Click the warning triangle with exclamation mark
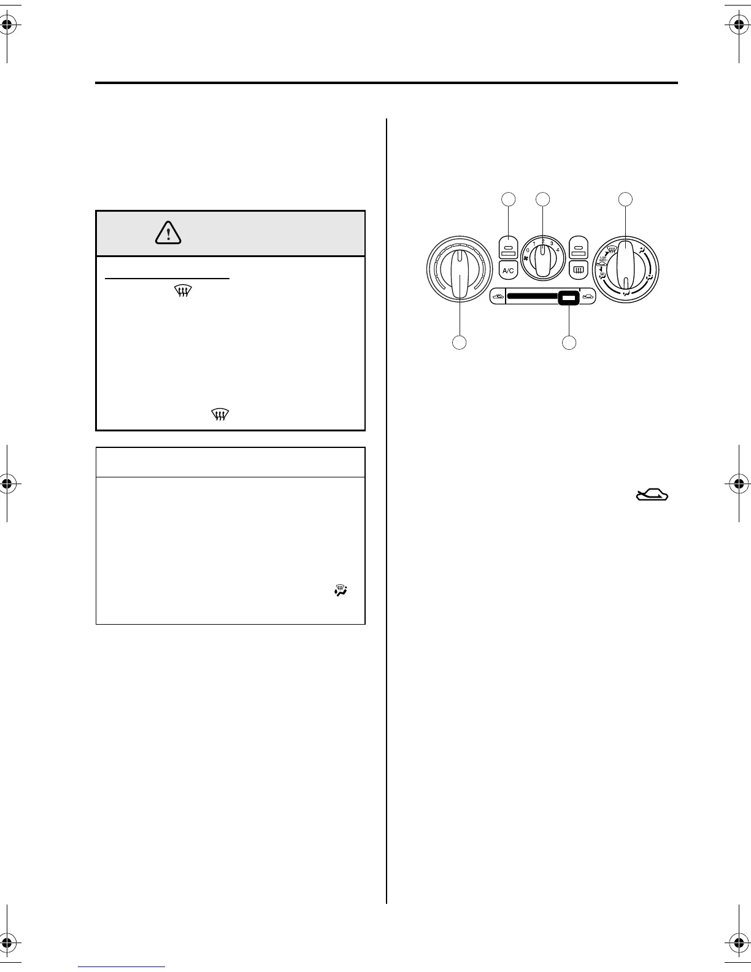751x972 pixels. point(168,232)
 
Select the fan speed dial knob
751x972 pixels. point(542,260)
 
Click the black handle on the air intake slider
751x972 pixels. point(569,299)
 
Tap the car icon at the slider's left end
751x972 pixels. point(498,298)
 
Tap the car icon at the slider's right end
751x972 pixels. point(587,298)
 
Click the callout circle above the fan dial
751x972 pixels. point(542,199)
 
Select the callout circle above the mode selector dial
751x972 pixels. point(625,199)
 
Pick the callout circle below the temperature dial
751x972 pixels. point(460,342)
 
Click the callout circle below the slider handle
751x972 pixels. point(569,342)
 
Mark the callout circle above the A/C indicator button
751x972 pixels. point(508,199)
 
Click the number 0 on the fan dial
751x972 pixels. point(528,250)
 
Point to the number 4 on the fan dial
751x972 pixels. point(558,250)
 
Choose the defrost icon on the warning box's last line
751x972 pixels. point(220,415)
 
